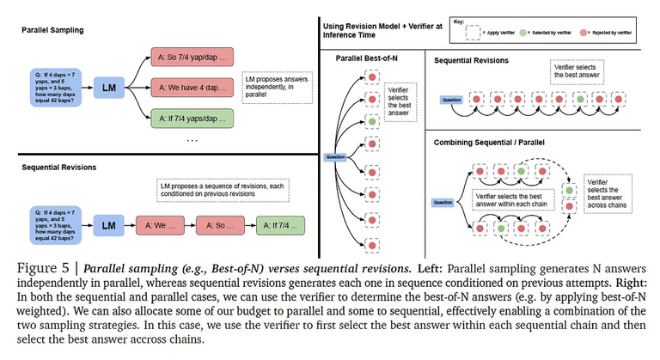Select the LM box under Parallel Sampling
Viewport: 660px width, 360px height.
coord(109,89)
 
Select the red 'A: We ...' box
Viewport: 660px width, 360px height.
coord(160,226)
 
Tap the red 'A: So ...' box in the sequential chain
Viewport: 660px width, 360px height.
coord(218,226)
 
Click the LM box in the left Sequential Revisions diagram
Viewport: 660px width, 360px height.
coord(109,226)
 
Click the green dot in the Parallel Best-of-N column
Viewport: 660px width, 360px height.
coord(370,122)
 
